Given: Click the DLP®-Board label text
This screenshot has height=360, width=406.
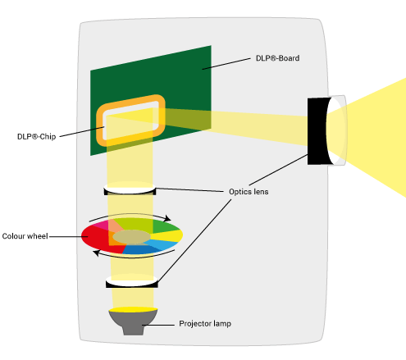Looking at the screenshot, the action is coord(277,58).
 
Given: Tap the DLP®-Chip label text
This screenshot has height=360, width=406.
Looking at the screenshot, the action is coord(36,136).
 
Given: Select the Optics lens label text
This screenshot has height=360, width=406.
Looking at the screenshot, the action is coord(249,192).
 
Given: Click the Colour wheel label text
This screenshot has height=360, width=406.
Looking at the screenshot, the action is coord(25,236).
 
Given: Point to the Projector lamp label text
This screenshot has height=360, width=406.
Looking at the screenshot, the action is coord(205,324).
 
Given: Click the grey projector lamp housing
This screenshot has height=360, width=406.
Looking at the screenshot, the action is coord(133,322).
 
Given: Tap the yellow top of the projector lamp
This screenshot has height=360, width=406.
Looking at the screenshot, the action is coord(133,309).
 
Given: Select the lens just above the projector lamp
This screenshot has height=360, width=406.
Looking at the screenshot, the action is coord(132,282).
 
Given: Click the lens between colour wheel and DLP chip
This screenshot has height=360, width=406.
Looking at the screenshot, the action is coord(130,189).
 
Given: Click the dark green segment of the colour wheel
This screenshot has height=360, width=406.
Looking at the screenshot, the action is coord(164,226).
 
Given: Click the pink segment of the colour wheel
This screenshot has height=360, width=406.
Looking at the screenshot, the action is coord(101,225).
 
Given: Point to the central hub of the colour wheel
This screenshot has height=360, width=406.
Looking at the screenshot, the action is coord(131,237).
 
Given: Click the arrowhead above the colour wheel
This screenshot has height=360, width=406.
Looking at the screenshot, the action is coord(167,218).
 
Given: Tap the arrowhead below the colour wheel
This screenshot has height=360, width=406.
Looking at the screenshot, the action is coord(96,253).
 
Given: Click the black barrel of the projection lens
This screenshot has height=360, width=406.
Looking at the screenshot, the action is coord(317,131).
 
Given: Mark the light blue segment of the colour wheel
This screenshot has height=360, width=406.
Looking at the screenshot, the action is coord(162,244).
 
